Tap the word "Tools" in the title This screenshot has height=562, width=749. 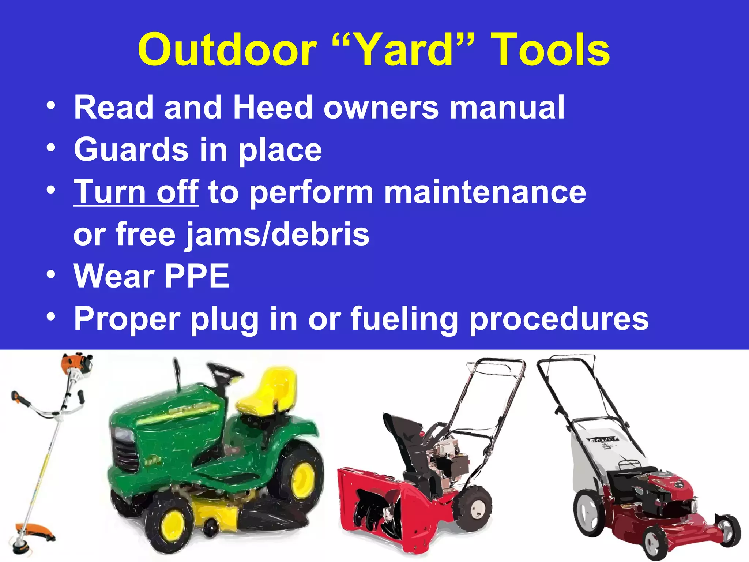coord(551,50)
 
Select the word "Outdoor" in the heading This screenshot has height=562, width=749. coord(227,50)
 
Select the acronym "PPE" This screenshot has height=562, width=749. coord(197,276)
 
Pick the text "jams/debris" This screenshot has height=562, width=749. coord(278,234)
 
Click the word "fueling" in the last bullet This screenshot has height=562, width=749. coord(404,318)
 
